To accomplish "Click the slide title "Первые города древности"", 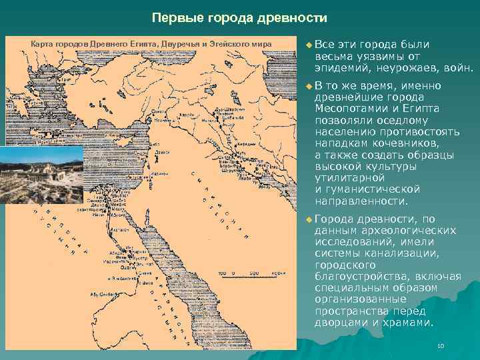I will (239, 17).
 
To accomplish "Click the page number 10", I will (440, 346).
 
